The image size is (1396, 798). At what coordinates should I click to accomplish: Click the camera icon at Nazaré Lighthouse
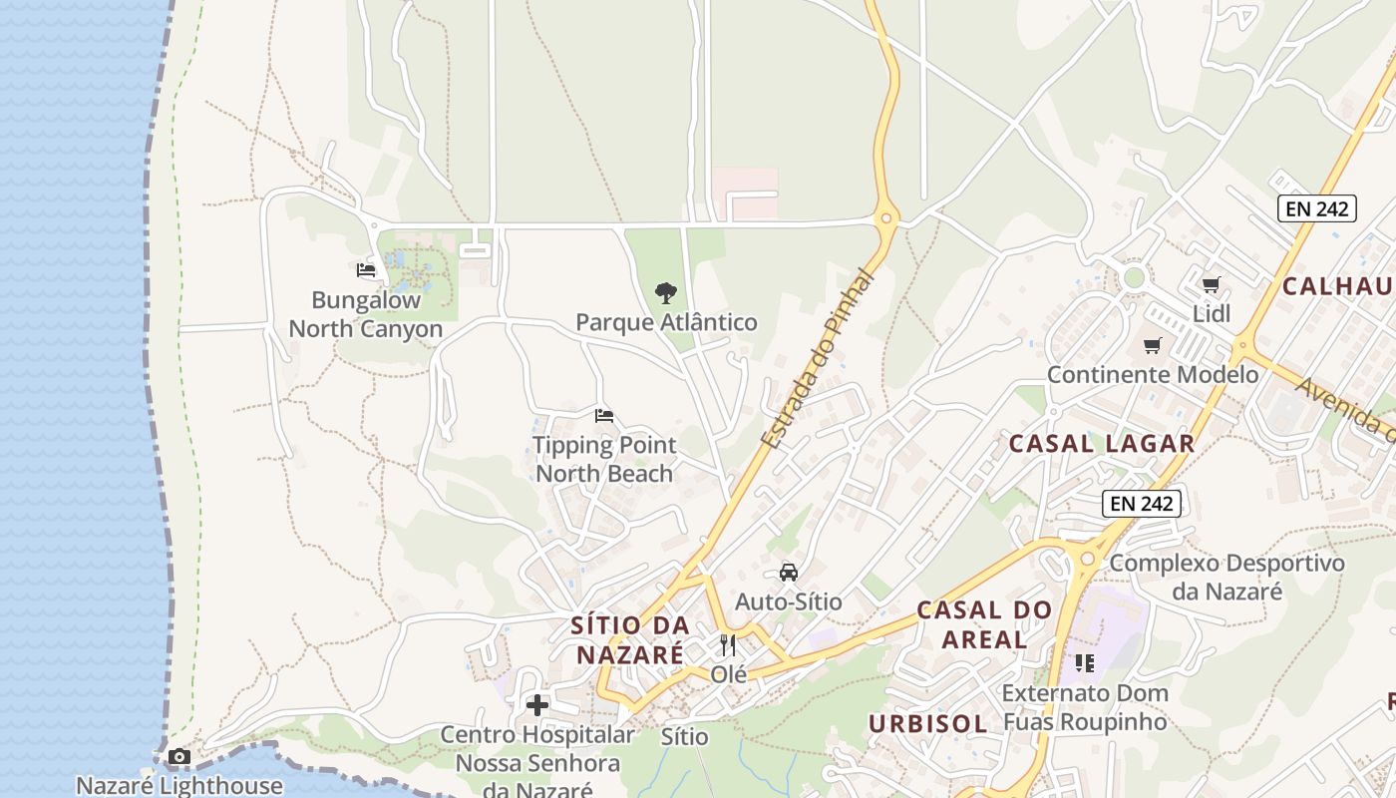pyautogui.click(x=179, y=757)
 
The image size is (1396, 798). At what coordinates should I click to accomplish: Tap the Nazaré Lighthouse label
pyautogui.click(x=179, y=785)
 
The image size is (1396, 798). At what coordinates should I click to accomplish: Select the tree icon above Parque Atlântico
pyautogui.click(x=666, y=293)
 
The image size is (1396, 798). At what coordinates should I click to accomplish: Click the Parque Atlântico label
pyautogui.click(x=666, y=322)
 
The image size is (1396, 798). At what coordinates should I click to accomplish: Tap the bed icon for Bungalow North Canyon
pyautogui.click(x=366, y=269)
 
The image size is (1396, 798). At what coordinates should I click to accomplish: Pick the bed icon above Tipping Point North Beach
pyautogui.click(x=603, y=416)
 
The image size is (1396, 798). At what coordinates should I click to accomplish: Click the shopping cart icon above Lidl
pyautogui.click(x=1212, y=285)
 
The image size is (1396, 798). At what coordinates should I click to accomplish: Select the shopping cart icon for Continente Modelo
pyautogui.click(x=1153, y=346)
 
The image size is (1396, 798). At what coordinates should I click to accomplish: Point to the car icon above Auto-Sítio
pyautogui.click(x=789, y=573)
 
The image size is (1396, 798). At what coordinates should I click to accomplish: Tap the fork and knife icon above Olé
pyautogui.click(x=728, y=645)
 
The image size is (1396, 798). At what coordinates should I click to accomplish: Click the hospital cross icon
pyautogui.click(x=537, y=705)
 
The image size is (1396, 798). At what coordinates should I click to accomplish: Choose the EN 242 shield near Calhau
pyautogui.click(x=1316, y=208)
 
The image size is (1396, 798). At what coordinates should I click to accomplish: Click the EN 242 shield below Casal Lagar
pyautogui.click(x=1142, y=504)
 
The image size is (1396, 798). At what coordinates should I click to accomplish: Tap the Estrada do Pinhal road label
pyautogui.click(x=817, y=359)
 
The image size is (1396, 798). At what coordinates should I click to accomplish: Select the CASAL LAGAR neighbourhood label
pyautogui.click(x=1102, y=444)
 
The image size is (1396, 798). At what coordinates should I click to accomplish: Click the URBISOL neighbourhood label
pyautogui.click(x=927, y=723)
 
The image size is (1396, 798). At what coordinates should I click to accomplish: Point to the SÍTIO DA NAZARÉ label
pyautogui.click(x=630, y=639)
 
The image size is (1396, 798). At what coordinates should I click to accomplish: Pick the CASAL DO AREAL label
pyautogui.click(x=984, y=623)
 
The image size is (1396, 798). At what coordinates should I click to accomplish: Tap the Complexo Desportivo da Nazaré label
pyautogui.click(x=1226, y=577)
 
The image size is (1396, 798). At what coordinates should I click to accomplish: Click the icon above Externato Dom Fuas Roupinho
pyautogui.click(x=1085, y=663)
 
